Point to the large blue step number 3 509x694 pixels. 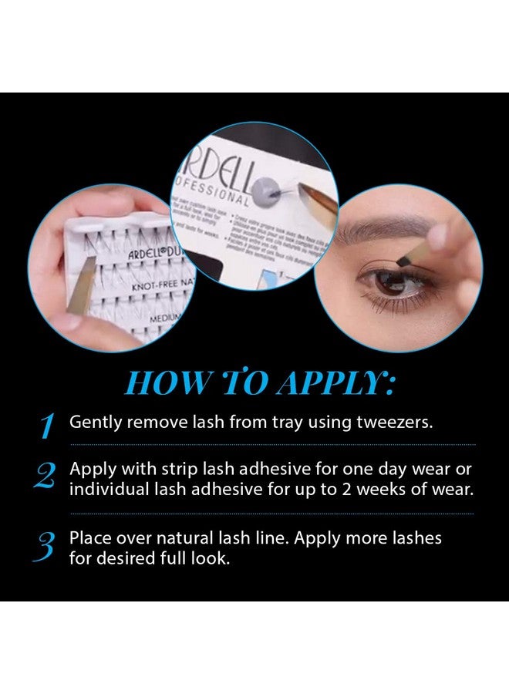click(46, 546)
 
